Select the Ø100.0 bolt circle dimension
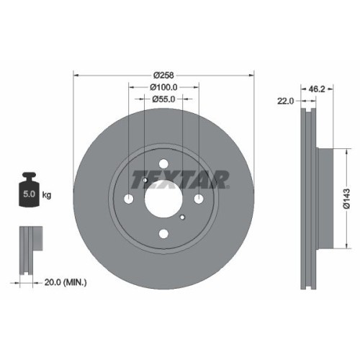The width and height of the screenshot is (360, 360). pyautogui.click(x=163, y=87)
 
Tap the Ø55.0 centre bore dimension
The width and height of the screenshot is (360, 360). pyautogui.click(x=163, y=100)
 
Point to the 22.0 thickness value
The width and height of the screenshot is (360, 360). pyautogui.click(x=286, y=101)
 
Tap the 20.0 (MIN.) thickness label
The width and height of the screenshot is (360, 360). pyautogui.click(x=61, y=283)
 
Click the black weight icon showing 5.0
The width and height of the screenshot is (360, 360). pyautogui.click(x=30, y=189)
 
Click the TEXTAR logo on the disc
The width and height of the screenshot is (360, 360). pyautogui.click(x=179, y=177)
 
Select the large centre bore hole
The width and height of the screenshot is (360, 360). pyautogui.click(x=163, y=198)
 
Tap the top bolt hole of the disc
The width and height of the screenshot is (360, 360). pyautogui.click(x=163, y=163)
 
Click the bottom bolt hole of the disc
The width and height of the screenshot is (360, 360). pyautogui.click(x=163, y=233)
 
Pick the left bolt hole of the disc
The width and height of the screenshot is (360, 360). pyautogui.click(x=129, y=198)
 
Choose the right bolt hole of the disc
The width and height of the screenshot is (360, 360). pyautogui.click(x=199, y=198)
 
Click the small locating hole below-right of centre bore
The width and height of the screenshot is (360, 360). pyautogui.click(x=183, y=217)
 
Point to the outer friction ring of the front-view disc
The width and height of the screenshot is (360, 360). pyautogui.click(x=94, y=238)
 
